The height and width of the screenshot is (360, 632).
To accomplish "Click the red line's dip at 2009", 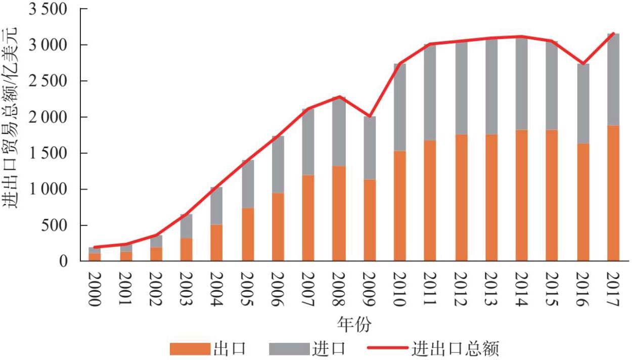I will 370,117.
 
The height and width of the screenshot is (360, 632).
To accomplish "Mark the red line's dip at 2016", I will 583,64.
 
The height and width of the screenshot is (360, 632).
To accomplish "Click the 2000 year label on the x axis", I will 95,288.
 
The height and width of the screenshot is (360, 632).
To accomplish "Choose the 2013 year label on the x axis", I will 491,288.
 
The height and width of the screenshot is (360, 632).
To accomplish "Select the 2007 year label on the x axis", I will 308,288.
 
